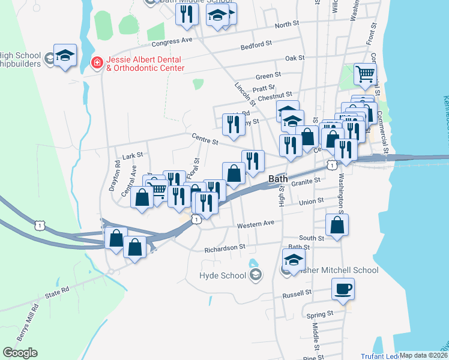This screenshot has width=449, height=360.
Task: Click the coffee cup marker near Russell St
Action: click(x=343, y=289)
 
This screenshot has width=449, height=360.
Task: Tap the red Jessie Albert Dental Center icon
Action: click(x=95, y=62)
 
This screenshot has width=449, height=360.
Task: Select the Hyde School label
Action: click(x=222, y=275)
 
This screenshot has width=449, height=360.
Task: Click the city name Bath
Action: click(x=279, y=179)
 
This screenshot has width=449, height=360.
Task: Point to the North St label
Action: click(x=287, y=25)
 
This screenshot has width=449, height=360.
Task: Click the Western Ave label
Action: click(x=255, y=224)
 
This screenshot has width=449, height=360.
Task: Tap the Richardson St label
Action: click(x=225, y=247)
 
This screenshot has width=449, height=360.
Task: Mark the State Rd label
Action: click(x=58, y=296)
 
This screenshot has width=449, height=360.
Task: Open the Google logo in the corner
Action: click(x=20, y=353)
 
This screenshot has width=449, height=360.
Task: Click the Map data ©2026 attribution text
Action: click(x=423, y=355)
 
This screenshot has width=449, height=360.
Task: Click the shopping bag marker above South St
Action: click(x=337, y=226)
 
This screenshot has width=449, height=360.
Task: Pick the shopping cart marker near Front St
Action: click(x=364, y=74)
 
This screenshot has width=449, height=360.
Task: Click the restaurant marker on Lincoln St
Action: click(x=233, y=124)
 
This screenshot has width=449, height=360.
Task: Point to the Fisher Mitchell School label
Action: click(x=336, y=270)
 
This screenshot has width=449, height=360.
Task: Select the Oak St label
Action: click(x=295, y=58)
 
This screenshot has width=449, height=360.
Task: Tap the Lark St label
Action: click(x=132, y=155)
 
